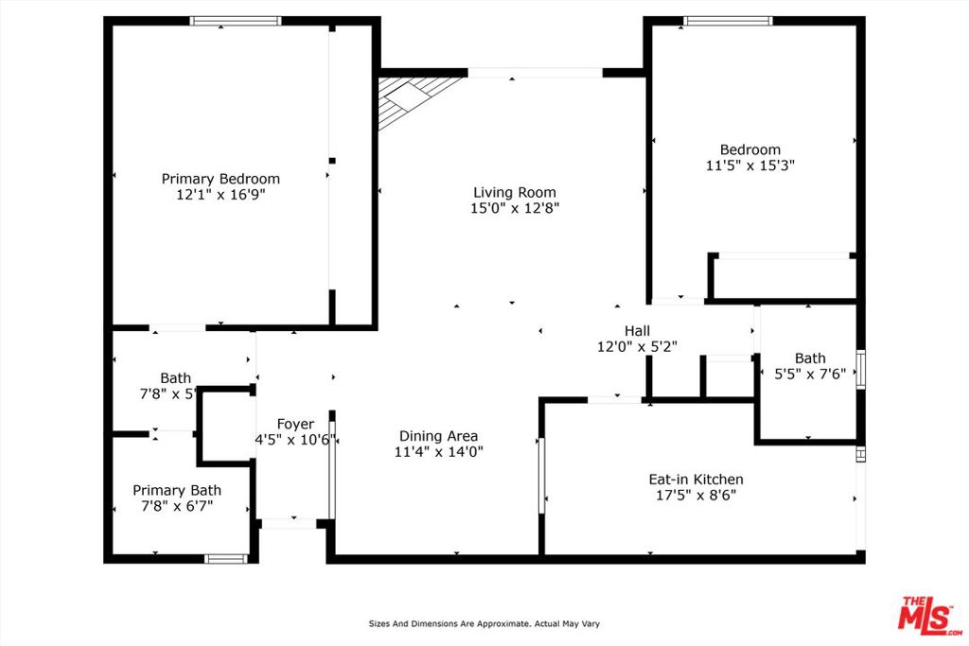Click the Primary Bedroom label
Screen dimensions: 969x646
click(x=220, y=179)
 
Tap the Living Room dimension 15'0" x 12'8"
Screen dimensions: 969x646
click(x=515, y=208)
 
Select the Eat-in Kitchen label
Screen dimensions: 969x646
click(x=696, y=480)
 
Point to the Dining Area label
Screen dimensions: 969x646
click(x=438, y=437)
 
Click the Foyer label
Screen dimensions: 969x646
click(x=295, y=425)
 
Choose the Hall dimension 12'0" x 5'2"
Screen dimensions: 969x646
click(x=637, y=347)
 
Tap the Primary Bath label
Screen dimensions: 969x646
click(x=177, y=490)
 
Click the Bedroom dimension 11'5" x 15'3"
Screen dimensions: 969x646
click(x=750, y=166)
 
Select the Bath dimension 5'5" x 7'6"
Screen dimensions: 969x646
click(x=810, y=374)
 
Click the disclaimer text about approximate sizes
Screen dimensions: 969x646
click(x=484, y=623)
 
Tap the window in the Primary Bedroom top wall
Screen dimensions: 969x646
click(x=236, y=21)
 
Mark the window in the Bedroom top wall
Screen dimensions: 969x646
click(x=728, y=21)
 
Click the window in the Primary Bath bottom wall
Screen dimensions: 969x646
click(x=225, y=559)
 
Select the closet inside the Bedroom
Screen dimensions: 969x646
click(x=784, y=277)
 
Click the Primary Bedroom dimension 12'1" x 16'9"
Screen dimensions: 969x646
click(x=220, y=195)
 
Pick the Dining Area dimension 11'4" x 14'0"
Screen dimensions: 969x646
click(x=439, y=452)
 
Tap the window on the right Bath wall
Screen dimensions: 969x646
click(x=860, y=369)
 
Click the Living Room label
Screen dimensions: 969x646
click(x=515, y=193)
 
